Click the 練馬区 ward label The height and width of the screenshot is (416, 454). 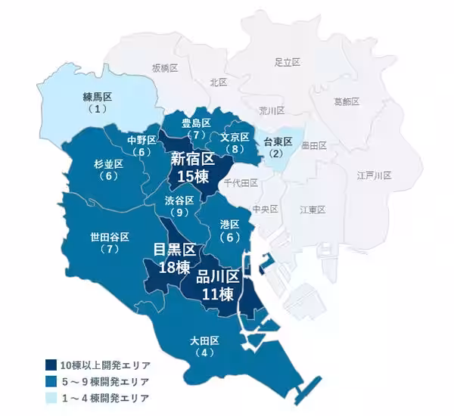click(x=96, y=97)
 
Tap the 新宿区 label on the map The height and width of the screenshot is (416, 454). click(x=192, y=159)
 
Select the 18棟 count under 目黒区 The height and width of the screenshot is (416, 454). click(x=173, y=267)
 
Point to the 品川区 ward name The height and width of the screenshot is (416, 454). click(x=218, y=277)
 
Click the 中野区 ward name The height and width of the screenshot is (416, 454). click(x=141, y=140)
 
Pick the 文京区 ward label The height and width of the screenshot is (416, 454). click(x=235, y=137)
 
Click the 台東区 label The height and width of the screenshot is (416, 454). click(x=278, y=141)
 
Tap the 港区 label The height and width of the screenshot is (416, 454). click(x=229, y=225)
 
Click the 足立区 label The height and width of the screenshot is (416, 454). click(x=288, y=61)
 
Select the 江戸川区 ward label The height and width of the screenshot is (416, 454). click(x=374, y=175)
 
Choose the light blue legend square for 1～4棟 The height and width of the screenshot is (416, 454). click(x=51, y=398)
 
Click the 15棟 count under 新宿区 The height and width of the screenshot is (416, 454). click(x=192, y=178)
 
